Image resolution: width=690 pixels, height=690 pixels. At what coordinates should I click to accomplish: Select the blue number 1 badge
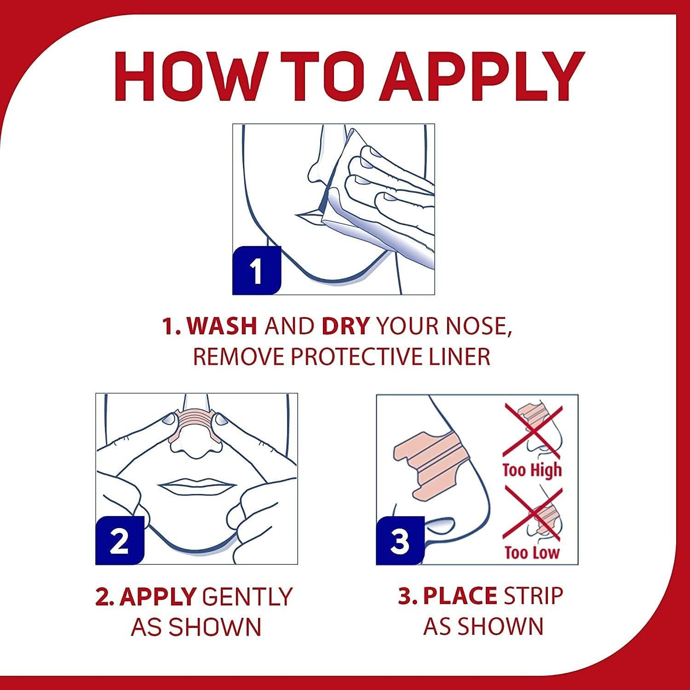coord(257,270)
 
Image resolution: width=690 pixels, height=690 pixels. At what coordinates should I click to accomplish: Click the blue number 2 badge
coord(120,540)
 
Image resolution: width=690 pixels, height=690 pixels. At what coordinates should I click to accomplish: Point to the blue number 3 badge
coord(400,540)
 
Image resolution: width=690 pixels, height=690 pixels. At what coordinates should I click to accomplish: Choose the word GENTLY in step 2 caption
coord(247,596)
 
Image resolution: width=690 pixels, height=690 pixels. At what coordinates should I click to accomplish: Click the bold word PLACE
coord(460,596)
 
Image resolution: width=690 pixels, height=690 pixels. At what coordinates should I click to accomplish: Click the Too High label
coord(532,470)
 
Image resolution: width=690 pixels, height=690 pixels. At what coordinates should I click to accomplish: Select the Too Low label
coord(532,552)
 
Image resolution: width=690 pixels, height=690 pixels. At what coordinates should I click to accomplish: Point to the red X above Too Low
coord(533,514)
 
